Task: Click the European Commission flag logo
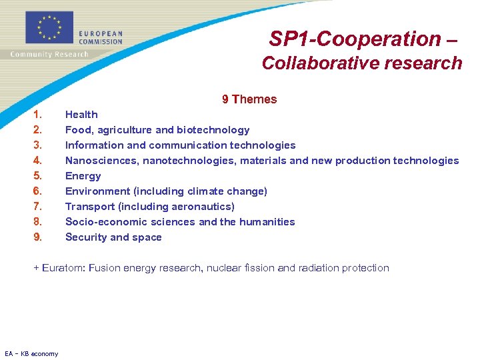click(49, 28)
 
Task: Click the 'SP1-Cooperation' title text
click(355, 39)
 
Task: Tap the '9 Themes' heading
click(249, 99)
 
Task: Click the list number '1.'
click(38, 115)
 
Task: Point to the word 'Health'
click(81, 115)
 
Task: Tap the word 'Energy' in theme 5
click(83, 176)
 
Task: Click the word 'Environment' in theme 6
click(97, 191)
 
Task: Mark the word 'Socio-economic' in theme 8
click(101, 222)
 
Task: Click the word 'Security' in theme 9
click(87, 237)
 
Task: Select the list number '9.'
click(38, 237)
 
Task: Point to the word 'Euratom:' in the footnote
click(63, 268)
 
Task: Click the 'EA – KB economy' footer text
click(31, 353)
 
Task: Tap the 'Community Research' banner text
click(49, 54)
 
